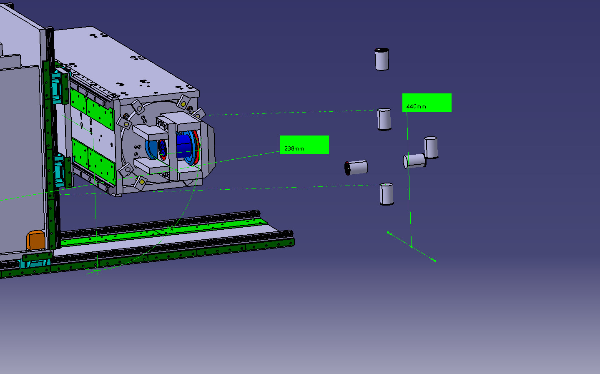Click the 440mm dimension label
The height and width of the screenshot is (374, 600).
point(427,103)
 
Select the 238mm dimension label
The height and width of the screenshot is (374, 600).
point(304,145)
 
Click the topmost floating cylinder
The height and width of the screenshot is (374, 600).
point(382,59)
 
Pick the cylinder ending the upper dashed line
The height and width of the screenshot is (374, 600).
point(384,120)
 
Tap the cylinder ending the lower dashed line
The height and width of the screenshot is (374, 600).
point(387,194)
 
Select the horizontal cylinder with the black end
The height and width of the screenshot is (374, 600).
point(356,168)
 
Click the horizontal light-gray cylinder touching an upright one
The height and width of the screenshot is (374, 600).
point(414,161)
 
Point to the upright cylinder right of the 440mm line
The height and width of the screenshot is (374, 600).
point(431,148)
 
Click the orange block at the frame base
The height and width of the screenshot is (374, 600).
point(35,240)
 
